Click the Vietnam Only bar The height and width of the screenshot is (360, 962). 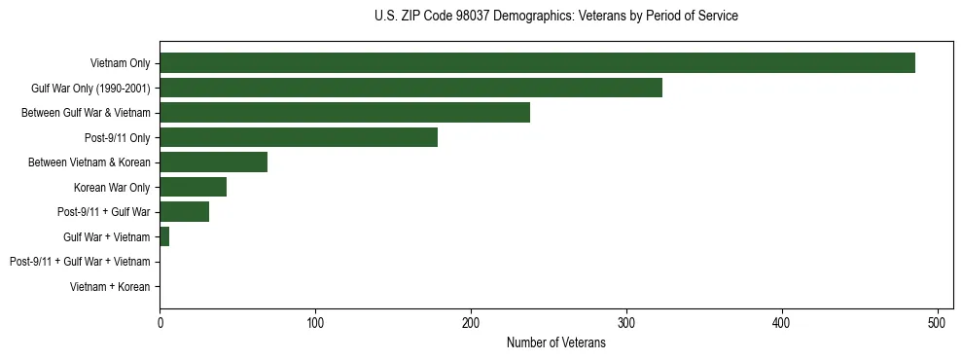537,63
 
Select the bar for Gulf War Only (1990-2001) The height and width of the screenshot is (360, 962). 410,88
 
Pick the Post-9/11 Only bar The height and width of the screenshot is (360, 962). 299,137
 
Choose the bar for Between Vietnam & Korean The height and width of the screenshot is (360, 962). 213,162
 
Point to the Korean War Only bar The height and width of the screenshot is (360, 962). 193,187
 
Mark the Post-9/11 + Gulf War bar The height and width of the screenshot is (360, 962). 184,212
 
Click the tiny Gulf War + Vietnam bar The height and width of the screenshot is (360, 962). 164,236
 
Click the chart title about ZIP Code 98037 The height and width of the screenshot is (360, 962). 555,17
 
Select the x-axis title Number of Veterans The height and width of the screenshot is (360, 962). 555,342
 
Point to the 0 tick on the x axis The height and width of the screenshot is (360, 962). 160,322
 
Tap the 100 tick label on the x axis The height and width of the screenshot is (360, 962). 315,322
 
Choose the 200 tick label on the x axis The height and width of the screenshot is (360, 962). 471,322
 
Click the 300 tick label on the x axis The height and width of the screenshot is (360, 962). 626,322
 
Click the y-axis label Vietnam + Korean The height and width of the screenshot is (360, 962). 110,287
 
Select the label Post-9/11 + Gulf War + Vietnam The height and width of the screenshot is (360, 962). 80,262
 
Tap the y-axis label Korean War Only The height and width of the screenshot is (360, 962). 112,187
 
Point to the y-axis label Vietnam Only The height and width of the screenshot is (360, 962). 120,63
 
